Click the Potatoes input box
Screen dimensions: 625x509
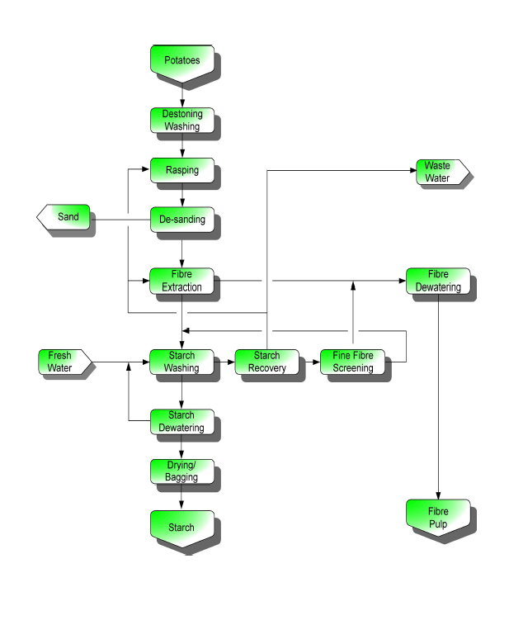click(x=181, y=62)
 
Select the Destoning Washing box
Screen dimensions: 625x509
click(x=181, y=120)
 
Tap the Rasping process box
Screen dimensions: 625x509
click(x=181, y=169)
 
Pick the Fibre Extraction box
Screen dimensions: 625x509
click(x=181, y=281)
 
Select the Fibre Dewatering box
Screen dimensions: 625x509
click(x=437, y=280)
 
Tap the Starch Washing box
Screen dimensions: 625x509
click(x=181, y=362)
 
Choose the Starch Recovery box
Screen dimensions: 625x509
click(x=266, y=362)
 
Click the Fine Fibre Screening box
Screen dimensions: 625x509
click(x=352, y=362)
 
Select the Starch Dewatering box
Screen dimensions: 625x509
click(x=181, y=420)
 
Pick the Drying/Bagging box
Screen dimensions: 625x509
click(x=181, y=471)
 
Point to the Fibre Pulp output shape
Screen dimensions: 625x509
click(x=437, y=517)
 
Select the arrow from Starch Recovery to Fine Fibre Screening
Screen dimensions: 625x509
click(x=309, y=362)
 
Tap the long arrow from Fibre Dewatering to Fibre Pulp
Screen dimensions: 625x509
click(x=437, y=396)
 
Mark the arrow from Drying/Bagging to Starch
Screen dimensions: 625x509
click(x=181, y=496)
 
